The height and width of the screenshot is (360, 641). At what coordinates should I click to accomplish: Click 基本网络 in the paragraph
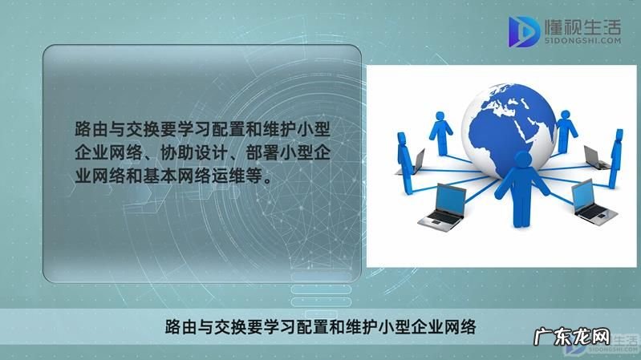click(x=163, y=176)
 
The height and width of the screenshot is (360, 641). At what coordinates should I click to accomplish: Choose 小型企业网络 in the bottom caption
click(x=433, y=326)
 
